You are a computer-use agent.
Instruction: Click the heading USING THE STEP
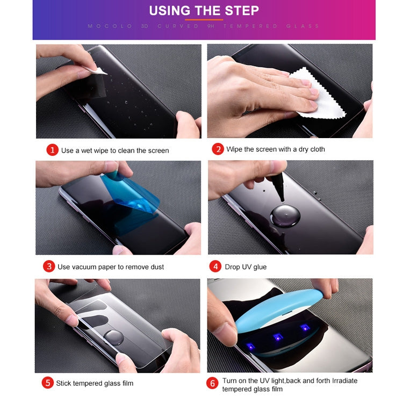click(x=204, y=11)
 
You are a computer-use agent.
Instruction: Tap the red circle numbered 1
click(x=52, y=150)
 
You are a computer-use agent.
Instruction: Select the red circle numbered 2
click(x=217, y=149)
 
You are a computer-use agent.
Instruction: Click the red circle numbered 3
click(x=49, y=267)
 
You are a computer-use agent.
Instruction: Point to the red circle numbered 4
click(x=215, y=267)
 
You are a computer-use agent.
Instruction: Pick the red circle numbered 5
click(x=48, y=383)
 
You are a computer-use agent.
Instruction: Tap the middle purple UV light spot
click(x=277, y=337)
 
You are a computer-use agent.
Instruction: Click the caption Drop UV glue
click(x=247, y=267)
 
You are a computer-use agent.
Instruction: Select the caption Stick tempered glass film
click(x=95, y=383)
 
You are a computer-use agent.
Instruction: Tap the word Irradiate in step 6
click(x=340, y=380)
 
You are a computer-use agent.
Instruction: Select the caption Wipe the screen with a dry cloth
click(x=276, y=149)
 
